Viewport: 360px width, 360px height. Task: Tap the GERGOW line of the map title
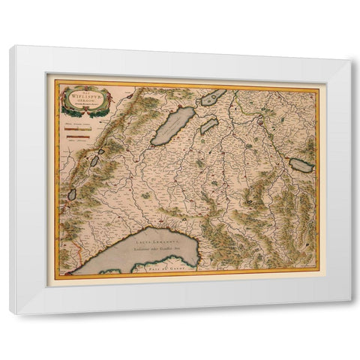[80, 101]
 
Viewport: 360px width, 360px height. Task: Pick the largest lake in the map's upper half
[173, 126]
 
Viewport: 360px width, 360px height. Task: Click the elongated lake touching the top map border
[213, 97]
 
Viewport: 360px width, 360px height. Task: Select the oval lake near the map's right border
[301, 165]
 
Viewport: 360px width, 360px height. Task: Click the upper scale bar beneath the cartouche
[77, 128]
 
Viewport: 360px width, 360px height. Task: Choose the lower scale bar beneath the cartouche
[77, 136]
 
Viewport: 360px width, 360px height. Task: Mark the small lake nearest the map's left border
[72, 194]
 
